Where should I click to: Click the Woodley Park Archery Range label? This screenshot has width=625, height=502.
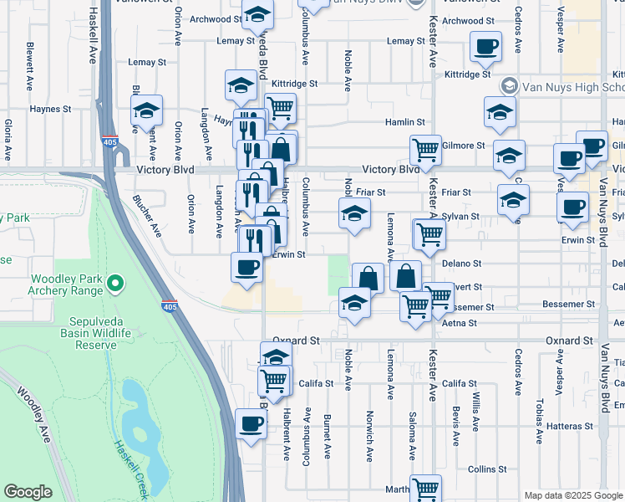(x=66, y=284)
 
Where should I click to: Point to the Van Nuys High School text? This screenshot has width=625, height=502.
(x=573, y=86)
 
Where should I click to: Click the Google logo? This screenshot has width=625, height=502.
(x=28, y=492)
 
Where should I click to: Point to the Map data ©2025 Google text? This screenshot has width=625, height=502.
(x=572, y=495)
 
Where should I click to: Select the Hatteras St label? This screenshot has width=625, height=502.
(x=571, y=426)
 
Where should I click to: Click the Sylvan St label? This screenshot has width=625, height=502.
(x=461, y=216)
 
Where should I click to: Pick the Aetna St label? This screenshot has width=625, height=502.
(x=459, y=323)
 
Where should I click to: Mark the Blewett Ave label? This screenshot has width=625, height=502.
(x=30, y=67)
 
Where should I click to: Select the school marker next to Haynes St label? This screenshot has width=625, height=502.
(x=146, y=112)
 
